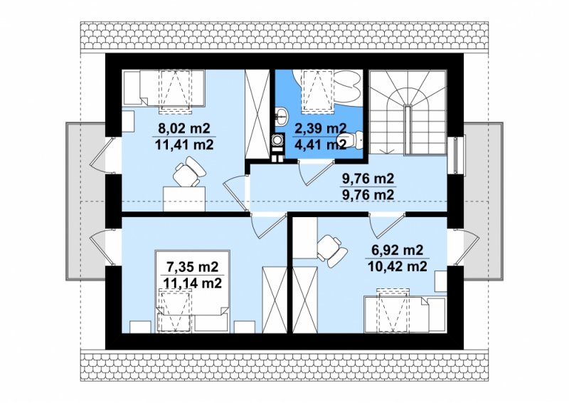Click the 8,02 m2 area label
tap(184, 128)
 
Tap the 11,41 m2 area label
tap(184, 145)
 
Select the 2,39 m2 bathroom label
tap(320, 128)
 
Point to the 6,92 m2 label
tap(398, 250)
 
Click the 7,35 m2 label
tap(192, 267)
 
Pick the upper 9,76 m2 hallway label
tap(368, 179)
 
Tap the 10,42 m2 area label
tap(398, 267)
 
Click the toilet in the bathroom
tap(350, 140)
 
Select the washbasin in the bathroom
tap(281, 115)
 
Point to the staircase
tap(408, 112)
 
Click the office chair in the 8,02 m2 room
tap(188, 172)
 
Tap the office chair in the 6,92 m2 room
tap(331, 251)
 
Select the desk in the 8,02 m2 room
tap(184, 199)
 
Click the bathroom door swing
tap(315, 173)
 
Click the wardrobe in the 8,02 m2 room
tap(257, 115)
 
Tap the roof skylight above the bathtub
tap(318, 90)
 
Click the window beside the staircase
tap(456, 155)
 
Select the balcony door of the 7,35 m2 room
tap(101, 247)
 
